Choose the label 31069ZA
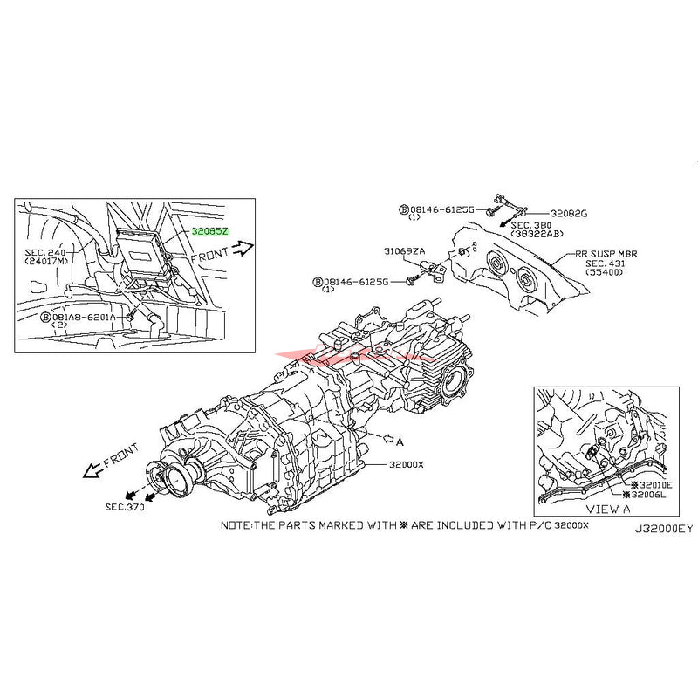coord(403,250)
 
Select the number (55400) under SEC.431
coord(606,273)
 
